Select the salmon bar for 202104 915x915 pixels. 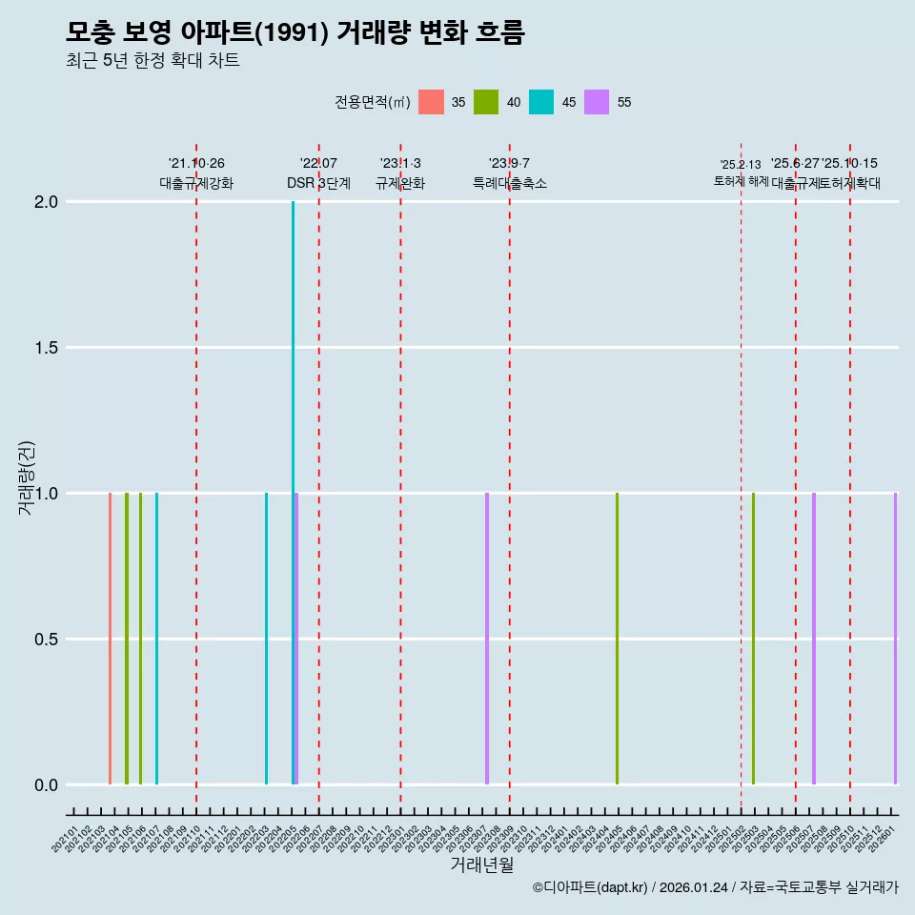111,639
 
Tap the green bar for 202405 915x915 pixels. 618,639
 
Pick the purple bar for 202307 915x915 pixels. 487,639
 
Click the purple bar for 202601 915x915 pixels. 895,639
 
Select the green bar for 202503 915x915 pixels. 753,639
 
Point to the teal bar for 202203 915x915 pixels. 266,639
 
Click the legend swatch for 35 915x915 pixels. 432,102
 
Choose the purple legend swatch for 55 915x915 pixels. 597,102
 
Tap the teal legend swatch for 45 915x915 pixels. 541,102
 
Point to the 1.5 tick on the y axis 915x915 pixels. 45,348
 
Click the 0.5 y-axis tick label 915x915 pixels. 45,640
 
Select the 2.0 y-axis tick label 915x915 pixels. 45,202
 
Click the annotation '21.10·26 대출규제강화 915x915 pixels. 196,173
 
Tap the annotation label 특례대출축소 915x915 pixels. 510,183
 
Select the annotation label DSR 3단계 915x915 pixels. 319,183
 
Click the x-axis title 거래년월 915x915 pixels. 482,864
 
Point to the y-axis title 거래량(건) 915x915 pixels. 26,477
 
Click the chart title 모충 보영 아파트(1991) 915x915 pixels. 295,32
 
